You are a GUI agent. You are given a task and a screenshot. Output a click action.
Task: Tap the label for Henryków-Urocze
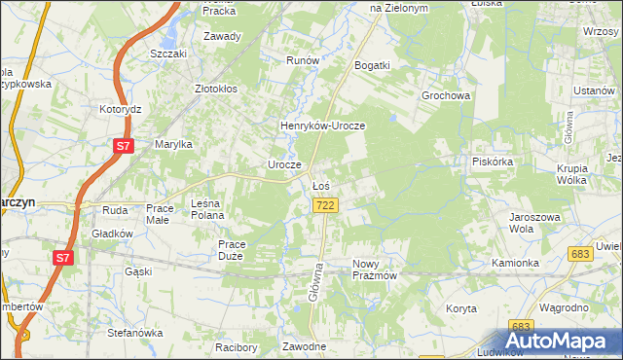(322, 126)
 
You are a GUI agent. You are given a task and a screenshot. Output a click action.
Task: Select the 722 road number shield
(326, 205)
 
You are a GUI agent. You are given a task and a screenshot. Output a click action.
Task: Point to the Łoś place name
(321, 185)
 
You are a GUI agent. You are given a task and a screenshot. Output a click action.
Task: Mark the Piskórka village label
(492, 162)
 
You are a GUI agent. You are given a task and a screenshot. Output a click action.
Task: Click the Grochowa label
(446, 96)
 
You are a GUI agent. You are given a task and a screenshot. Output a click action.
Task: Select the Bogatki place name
(373, 65)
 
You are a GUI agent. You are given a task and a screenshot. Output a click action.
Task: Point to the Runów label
(303, 60)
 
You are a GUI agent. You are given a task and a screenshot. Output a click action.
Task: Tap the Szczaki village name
(167, 54)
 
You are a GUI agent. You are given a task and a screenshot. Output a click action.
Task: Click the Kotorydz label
(121, 110)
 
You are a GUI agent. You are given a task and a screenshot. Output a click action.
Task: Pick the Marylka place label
(174, 144)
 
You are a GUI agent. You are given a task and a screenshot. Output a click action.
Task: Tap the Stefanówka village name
(133, 333)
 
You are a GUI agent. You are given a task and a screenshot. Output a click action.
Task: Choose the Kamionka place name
(515, 263)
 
